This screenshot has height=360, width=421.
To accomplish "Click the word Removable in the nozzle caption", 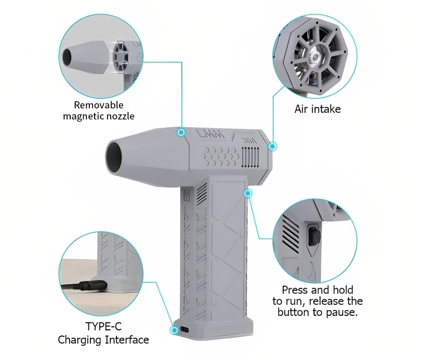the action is pyautogui.click(x=99, y=105).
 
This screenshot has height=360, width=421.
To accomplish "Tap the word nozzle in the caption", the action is pyautogui.click(x=120, y=116).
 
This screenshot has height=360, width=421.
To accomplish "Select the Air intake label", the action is pyautogui.click(x=318, y=109).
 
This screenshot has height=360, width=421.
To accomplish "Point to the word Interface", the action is pyautogui.click(x=127, y=340).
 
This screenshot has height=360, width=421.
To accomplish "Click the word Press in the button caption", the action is pyautogui.click(x=295, y=290).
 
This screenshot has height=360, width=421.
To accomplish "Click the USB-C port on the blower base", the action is pyautogui.click(x=184, y=329).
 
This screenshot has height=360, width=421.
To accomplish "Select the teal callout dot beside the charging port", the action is pyautogui.click(x=174, y=330).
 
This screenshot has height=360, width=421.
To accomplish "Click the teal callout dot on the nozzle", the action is pyautogui.click(x=181, y=132).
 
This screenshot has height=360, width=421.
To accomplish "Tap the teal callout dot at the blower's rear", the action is pyautogui.click(x=272, y=146).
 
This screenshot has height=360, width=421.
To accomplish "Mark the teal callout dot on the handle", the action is pyautogui.click(x=248, y=193).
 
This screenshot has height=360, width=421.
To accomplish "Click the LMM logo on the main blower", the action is pyautogui.click(x=210, y=134).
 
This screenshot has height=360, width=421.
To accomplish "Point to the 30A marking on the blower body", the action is pyautogui.click(x=249, y=141).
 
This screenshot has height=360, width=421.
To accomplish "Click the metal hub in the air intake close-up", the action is pyautogui.click(x=314, y=56).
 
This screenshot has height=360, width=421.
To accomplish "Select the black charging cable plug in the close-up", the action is pyautogui.click(x=94, y=285).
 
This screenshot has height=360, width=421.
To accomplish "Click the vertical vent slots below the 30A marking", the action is pyautogui.click(x=250, y=157).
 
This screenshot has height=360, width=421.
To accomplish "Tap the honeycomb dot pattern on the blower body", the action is pyautogui.click(x=220, y=157).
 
